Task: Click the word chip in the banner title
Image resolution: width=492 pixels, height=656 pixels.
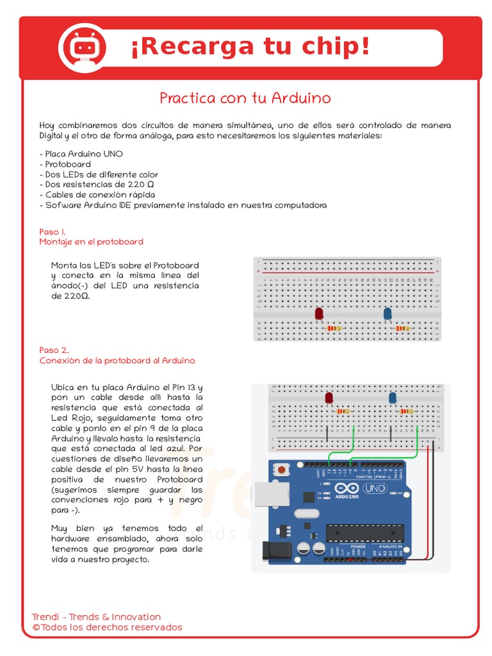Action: point(335,46)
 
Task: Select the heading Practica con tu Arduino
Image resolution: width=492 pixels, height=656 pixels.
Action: point(245,98)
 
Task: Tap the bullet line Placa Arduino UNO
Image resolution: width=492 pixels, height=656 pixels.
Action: point(81,154)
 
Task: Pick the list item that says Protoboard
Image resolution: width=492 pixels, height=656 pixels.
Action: point(65,164)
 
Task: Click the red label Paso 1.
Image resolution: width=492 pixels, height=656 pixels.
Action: point(53,231)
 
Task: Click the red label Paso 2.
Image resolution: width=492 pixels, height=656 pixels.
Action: point(54,350)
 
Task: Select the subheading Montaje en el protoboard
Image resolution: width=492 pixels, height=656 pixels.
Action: point(91,242)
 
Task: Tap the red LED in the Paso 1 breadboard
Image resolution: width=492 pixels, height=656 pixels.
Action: point(319,313)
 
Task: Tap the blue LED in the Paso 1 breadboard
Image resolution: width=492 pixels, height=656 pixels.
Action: point(388,313)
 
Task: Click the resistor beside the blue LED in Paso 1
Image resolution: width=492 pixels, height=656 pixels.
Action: point(402,329)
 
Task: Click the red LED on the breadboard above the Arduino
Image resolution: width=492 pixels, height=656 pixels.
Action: point(329,398)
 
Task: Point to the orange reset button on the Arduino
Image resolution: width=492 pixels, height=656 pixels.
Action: point(281,470)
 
